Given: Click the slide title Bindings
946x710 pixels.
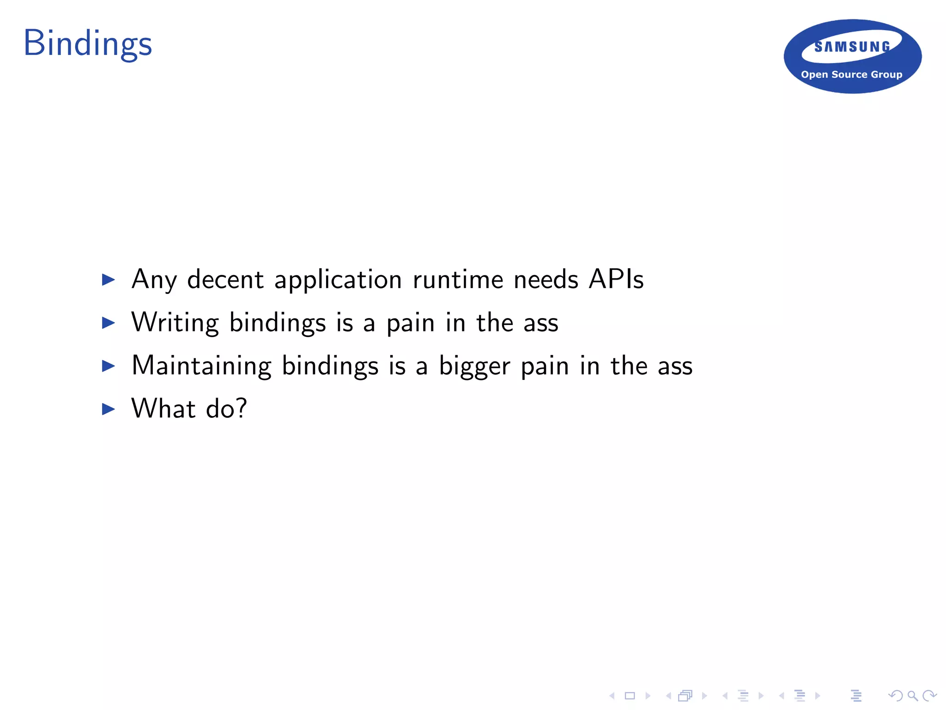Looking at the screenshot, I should click(88, 43).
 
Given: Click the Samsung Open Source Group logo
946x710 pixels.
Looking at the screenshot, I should click(852, 56).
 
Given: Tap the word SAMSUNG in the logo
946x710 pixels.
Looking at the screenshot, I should click(852, 47).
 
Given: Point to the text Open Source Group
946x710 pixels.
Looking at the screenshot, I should click(851, 74).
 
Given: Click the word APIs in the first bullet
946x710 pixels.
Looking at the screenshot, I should click(616, 279).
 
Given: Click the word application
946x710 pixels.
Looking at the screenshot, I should click(338, 280).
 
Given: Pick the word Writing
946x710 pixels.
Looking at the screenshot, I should click(175, 322).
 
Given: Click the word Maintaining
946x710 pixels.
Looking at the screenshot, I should click(201, 366).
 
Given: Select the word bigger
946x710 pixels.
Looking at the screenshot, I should click(474, 367).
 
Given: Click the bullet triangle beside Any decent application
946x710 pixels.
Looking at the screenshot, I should click(108, 280).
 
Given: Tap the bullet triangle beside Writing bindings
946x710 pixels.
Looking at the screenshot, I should click(108, 323).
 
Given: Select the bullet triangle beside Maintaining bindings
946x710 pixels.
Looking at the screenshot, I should click(108, 366).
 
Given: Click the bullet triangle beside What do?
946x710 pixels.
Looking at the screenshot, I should click(108, 409).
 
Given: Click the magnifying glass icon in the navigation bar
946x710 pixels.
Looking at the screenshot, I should click(912, 696).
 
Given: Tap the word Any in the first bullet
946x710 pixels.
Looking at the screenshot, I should click(154, 280).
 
